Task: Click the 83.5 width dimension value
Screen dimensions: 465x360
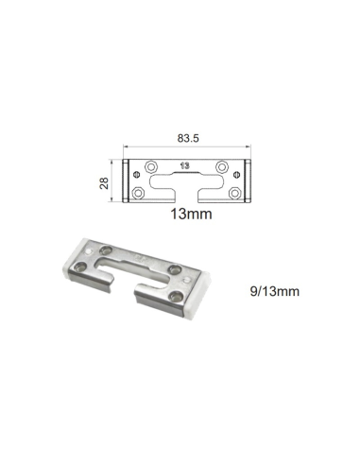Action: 186,138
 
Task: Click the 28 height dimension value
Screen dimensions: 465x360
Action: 106,180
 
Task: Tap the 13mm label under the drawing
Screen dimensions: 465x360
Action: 190,216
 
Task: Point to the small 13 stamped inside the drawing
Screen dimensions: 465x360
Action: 184,165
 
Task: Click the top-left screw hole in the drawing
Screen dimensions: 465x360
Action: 146,167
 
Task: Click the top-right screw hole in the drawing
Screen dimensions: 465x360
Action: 223,167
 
